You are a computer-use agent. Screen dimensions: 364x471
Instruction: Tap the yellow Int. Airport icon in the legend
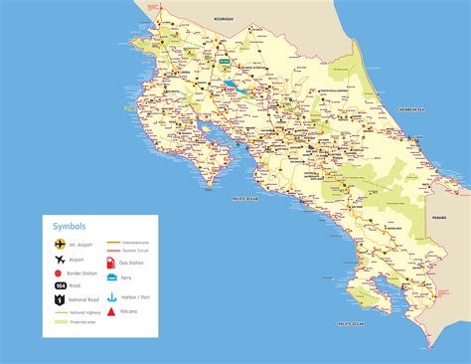(x=59, y=242)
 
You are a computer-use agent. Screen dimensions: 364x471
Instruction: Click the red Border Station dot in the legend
(x=59, y=271)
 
